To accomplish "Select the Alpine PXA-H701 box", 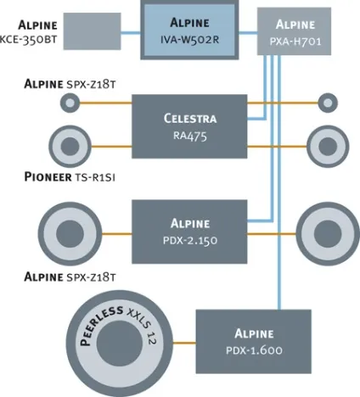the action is tap(294, 31).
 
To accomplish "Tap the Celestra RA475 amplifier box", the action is tap(189, 126).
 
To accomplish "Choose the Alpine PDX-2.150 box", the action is tap(189, 232).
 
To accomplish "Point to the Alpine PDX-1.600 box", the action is tap(254, 342).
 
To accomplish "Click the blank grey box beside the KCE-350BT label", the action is tap(92, 31).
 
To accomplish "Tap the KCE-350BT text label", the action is tap(28, 39).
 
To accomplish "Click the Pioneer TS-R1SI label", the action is tap(70, 177).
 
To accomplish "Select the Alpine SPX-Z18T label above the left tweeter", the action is tap(70, 84).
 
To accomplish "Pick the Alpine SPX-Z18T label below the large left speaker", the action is tap(70, 277).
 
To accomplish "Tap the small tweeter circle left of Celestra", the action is tap(70, 103).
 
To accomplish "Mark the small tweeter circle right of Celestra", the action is tap(328, 103).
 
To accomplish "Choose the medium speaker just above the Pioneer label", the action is tap(70, 147).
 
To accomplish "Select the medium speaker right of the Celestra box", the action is tap(328, 147).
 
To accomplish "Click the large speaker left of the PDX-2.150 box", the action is tap(70, 233).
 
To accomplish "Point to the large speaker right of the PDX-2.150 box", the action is tap(328, 233).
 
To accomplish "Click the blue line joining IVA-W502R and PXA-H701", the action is tap(248, 33).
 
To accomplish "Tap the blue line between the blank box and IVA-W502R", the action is tap(131, 33).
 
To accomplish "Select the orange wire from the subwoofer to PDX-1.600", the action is tap(184, 343).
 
